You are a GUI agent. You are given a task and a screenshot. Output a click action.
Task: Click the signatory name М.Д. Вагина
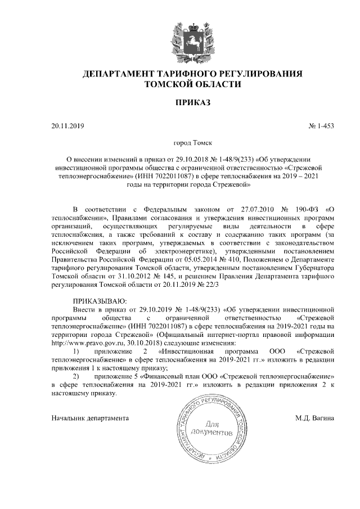(315, 418)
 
